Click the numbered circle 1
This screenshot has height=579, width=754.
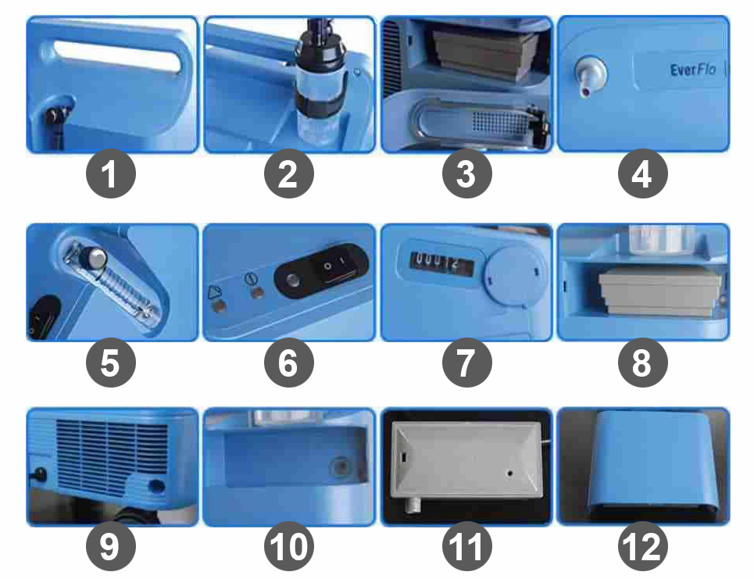coord(111,173)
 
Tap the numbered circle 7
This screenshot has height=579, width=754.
coord(466,363)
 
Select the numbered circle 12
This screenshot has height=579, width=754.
coord(643,546)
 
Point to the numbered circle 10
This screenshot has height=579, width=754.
coord(288,546)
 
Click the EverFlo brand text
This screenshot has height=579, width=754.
coord(693,70)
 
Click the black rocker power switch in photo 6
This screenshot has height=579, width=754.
coord(334,265)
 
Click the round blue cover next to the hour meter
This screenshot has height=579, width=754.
coord(516,274)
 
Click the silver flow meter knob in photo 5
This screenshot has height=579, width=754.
coord(97,258)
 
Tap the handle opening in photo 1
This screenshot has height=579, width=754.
coord(117,57)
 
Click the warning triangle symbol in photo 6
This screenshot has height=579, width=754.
coord(215,292)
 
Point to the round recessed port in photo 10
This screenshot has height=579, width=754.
coord(341,467)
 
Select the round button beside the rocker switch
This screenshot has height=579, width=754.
coord(292,280)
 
